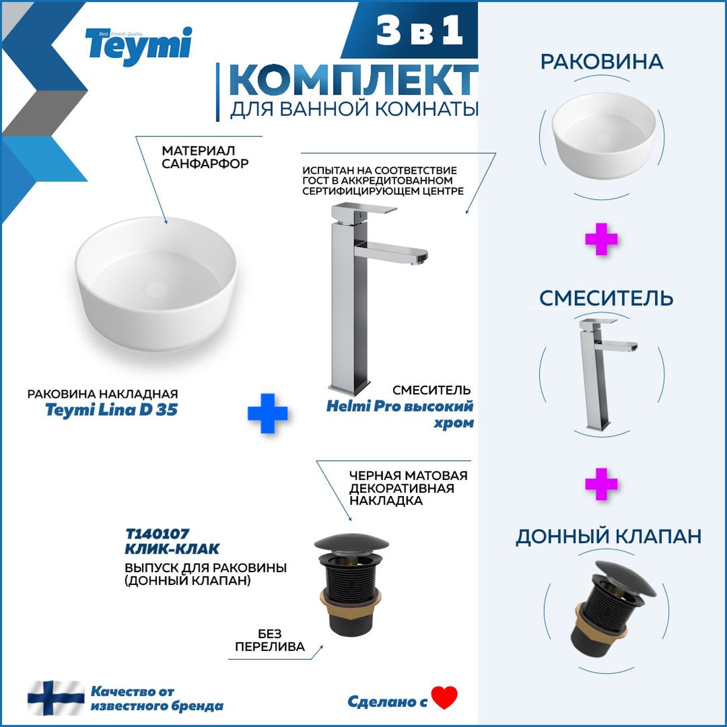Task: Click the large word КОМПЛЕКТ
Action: [x=352, y=81]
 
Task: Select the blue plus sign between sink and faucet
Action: [x=267, y=413]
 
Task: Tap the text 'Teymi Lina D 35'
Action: [x=111, y=410]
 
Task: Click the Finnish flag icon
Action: [x=56, y=697]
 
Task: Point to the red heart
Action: [x=445, y=697]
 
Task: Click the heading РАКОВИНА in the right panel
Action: [x=602, y=62]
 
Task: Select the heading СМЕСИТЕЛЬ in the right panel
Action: [x=606, y=299]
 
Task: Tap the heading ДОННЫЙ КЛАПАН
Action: [x=608, y=536]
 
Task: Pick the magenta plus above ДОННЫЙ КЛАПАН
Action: [x=601, y=484]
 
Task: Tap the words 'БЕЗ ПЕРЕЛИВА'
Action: [x=270, y=640]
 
